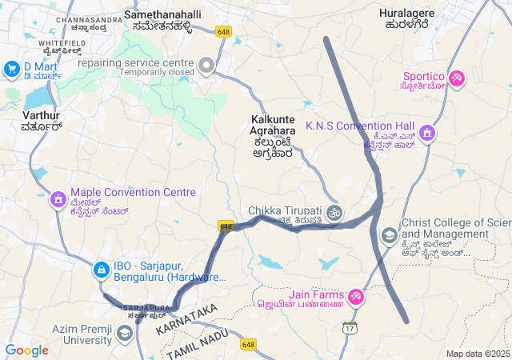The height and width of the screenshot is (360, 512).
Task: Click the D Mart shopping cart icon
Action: pyautogui.click(x=11, y=70)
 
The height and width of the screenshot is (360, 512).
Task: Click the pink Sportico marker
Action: pyautogui.click(x=457, y=78)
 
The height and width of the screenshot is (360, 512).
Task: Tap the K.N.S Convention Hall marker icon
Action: pyautogui.click(x=427, y=132)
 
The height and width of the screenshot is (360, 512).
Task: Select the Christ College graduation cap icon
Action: pyautogui.click(x=389, y=235)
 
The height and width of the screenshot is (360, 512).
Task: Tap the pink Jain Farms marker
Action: pyautogui.click(x=355, y=298)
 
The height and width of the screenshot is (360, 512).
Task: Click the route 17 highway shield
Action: pyautogui.click(x=350, y=327)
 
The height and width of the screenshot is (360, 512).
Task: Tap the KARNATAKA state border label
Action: pyautogui.click(x=187, y=319)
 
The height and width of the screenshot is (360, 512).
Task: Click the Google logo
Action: pyautogui.click(x=26, y=350)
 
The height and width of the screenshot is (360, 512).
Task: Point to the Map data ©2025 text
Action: pyautogui.click(x=477, y=354)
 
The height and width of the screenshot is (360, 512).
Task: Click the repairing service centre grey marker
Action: pyautogui.click(x=207, y=65)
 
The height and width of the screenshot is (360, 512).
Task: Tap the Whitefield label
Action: pyautogui.click(x=62, y=43)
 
